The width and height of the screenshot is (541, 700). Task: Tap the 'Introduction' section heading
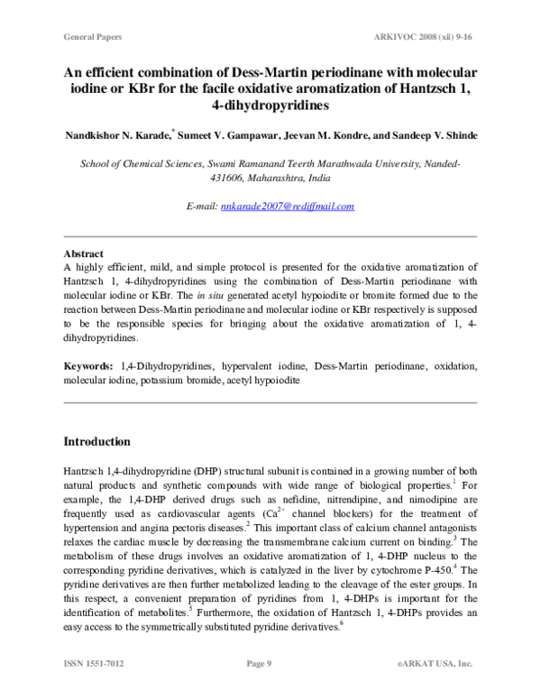pos(96,442)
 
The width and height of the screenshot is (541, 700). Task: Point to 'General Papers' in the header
pos(93,37)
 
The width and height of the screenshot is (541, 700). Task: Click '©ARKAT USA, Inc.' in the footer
pos(436,664)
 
